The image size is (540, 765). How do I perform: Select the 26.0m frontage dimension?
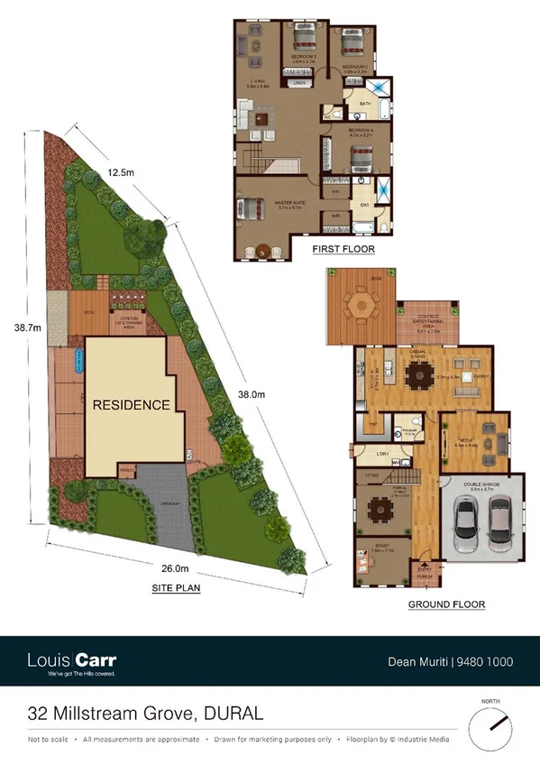[x=175, y=568]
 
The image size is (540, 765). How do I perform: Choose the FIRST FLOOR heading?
[x=343, y=249]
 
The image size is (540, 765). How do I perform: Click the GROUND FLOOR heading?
[x=446, y=604]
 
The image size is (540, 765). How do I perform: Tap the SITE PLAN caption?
[x=176, y=588]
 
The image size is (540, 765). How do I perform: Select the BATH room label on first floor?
[x=365, y=105]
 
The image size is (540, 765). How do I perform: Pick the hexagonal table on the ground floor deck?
[x=362, y=307]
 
